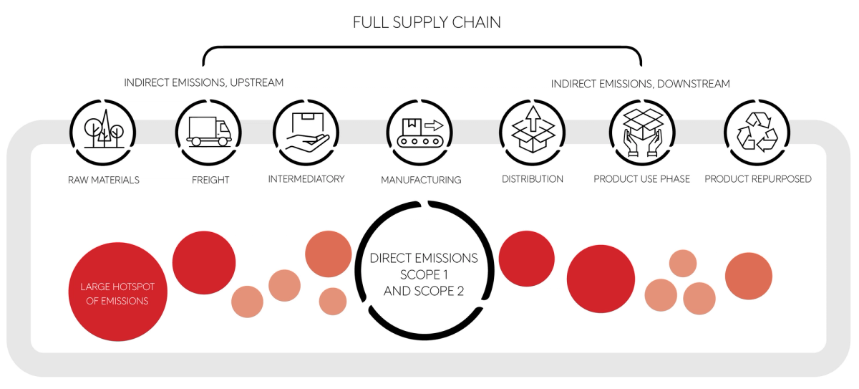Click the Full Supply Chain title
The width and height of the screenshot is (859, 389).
427,22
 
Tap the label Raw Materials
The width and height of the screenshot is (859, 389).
104,180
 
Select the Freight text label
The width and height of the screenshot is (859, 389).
210,180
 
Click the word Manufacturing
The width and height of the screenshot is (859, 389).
421,180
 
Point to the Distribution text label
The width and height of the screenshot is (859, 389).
533,179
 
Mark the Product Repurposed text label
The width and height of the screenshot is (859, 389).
758,179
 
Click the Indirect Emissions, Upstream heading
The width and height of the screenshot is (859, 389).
204,83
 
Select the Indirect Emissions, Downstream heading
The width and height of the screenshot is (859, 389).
640,85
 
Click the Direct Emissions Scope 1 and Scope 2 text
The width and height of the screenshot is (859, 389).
424,274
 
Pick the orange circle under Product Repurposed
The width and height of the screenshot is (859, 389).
748,276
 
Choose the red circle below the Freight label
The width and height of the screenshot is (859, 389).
204,262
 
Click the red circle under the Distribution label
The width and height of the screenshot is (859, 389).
526,259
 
